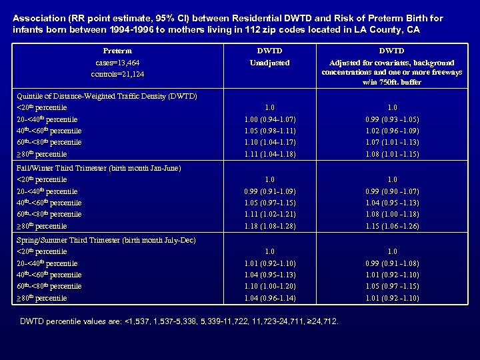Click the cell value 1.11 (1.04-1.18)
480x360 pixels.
[269, 153]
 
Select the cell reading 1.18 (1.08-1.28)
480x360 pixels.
[269, 226]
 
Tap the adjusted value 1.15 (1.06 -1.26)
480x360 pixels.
[391, 226]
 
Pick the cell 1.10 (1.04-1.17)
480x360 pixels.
[269, 142]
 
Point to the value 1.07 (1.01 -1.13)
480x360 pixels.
[391, 142]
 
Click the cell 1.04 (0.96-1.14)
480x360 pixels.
[269, 298]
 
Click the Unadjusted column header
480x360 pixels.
[269, 62]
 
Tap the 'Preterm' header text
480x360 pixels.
[117, 50]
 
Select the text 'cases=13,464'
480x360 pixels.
[117, 62]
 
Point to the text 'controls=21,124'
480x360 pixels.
[117, 73]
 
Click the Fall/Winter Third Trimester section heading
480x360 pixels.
[97, 168]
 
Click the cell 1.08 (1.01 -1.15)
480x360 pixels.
[391, 153]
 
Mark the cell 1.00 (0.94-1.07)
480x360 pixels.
[269, 119]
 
